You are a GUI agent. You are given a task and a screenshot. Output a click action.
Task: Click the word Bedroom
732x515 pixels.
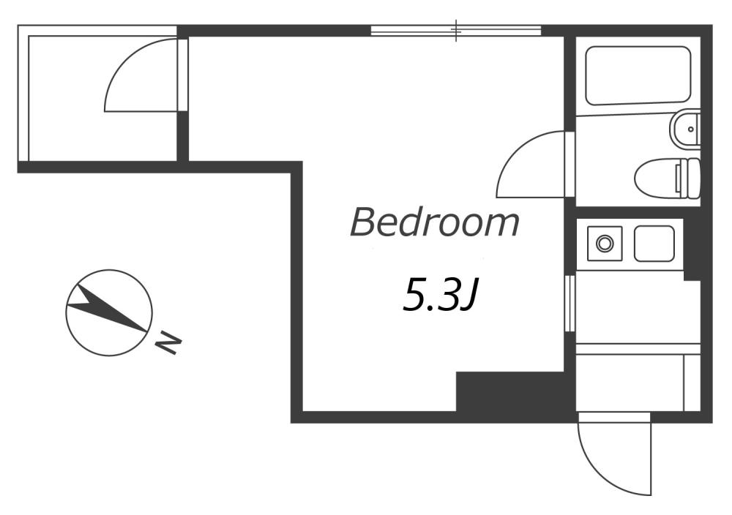pos(435,223)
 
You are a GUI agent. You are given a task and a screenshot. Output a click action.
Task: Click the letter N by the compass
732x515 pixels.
pos(169,342)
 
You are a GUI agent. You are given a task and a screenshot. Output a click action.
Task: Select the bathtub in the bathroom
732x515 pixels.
pos(639,75)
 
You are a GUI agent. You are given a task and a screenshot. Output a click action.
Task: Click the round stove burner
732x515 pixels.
pos(604,244)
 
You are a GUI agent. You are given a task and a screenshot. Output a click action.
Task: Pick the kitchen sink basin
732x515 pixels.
pos(654,244)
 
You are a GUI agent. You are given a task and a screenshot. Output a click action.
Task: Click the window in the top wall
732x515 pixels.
pos(455,31)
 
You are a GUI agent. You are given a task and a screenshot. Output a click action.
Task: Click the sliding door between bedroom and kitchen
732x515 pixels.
pos(569,304)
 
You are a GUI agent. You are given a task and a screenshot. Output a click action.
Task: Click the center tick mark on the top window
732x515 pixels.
pos(457,30)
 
